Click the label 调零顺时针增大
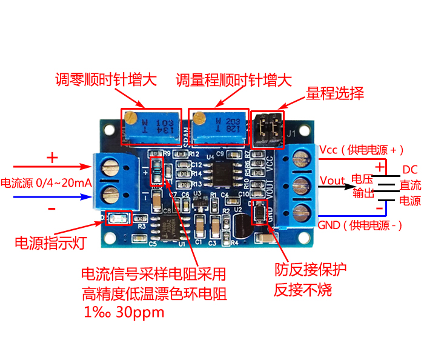pyautogui.click(x=106, y=80)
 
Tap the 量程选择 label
pyautogui.click(x=334, y=93)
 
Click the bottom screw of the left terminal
pyautogui.click(x=110, y=195)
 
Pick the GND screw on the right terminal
pyautogui.click(x=300, y=211)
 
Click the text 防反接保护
pyautogui.click(x=311, y=269)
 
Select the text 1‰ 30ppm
pyautogui.click(x=125, y=313)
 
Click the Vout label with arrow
pyautogui.click(x=333, y=180)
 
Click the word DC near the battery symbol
pyautogui.click(x=410, y=170)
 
